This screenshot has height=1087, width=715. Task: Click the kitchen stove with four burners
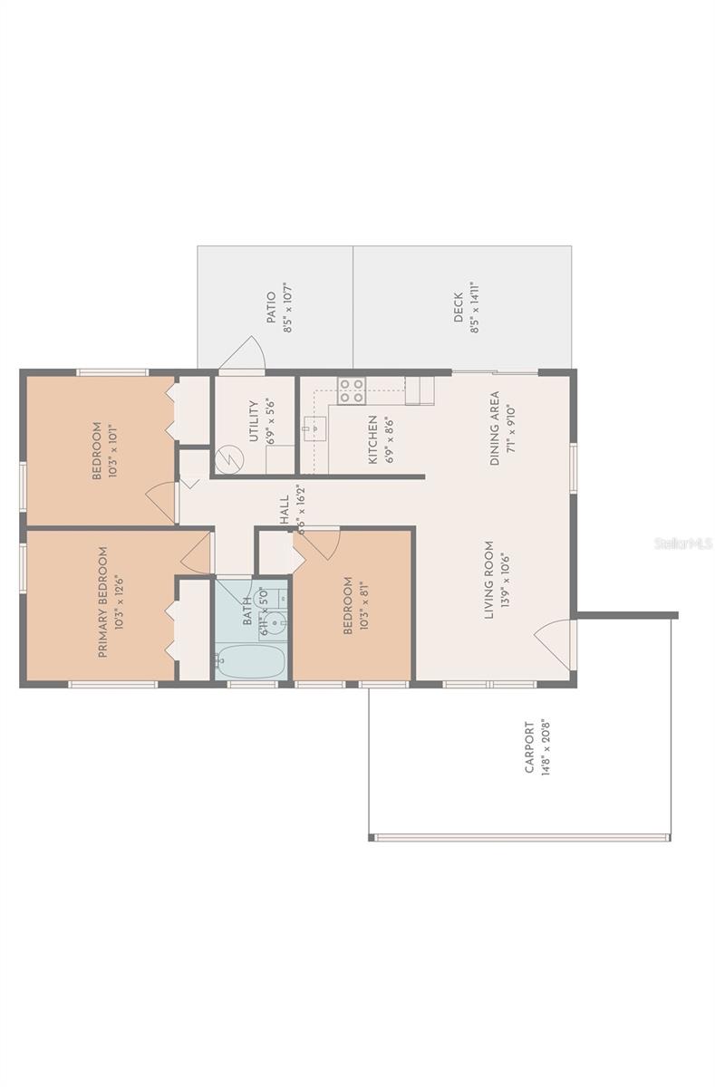tap(352, 390)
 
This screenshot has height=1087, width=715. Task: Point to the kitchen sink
tap(314, 427)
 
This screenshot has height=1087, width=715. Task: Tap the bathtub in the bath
tap(250, 660)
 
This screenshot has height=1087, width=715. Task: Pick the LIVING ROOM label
tap(488, 580)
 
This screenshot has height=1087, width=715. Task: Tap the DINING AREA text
tap(495, 428)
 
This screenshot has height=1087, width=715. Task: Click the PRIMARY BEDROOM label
tap(101, 601)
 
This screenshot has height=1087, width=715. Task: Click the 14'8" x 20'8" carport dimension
tap(546, 752)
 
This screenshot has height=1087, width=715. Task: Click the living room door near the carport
tap(555, 644)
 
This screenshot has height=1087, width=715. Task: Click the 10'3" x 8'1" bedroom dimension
tap(362, 606)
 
